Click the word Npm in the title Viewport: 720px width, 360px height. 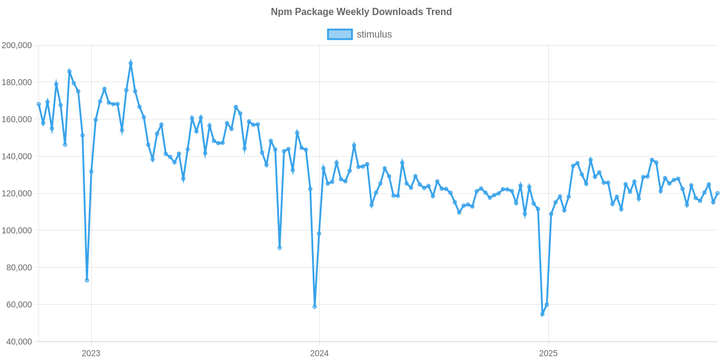(x=280, y=12)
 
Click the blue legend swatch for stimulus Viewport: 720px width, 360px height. (x=340, y=35)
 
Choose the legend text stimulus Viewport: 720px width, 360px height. (x=374, y=35)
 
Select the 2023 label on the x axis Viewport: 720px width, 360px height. (x=91, y=353)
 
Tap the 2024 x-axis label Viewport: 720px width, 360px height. (x=319, y=353)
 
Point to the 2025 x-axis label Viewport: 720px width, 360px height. (x=548, y=353)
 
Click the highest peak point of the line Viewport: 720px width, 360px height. (x=131, y=62)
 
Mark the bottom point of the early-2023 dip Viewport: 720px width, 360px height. (x=87, y=280)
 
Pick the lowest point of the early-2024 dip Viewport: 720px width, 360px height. (x=314, y=307)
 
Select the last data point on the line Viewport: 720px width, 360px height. (x=718, y=193)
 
